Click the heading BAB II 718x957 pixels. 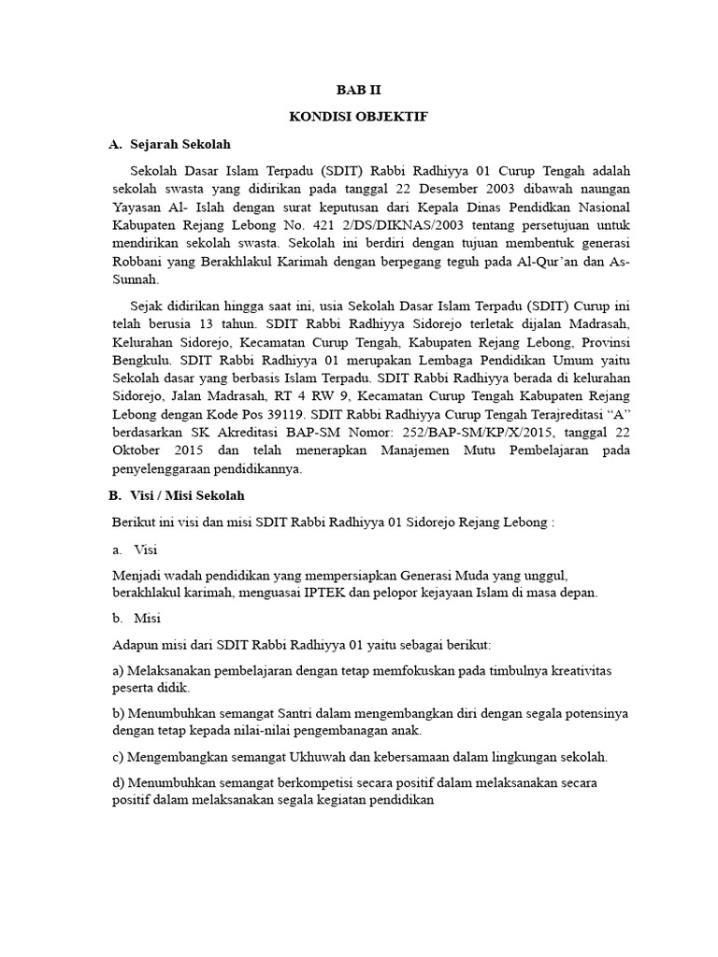click(359, 91)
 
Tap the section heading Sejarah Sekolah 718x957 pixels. click(179, 145)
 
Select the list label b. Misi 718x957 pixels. click(137, 619)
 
